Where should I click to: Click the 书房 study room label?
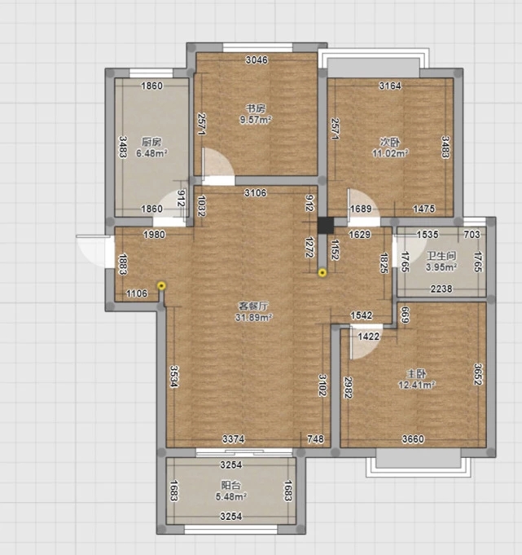256,108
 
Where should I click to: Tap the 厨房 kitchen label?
151,142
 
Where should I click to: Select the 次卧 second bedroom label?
390,142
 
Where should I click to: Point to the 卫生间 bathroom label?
441,256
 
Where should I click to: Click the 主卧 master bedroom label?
416,373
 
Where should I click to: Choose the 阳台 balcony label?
230,485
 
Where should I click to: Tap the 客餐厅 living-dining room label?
253,306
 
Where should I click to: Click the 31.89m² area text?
253,317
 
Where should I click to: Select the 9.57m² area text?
256,120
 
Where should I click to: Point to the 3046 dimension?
257,59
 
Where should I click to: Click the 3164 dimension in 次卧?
390,86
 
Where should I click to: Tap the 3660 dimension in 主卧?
413,439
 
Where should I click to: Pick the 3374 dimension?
234,439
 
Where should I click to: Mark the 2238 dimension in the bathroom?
441,289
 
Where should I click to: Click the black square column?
326,226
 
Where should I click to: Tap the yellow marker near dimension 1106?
161,285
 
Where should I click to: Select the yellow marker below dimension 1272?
322,272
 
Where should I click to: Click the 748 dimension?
315,439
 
